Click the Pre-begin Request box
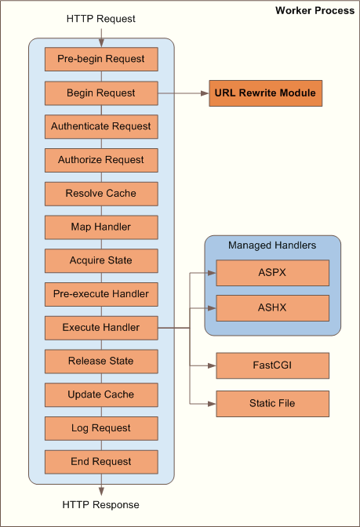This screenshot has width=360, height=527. pyautogui.click(x=101, y=60)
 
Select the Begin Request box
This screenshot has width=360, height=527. pyautogui.click(x=101, y=93)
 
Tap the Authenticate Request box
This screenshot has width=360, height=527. pyautogui.click(x=101, y=126)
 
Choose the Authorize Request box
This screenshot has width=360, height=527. pyautogui.click(x=101, y=160)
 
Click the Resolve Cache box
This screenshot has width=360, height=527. pyautogui.click(x=101, y=194)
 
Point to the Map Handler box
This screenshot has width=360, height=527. pyautogui.click(x=101, y=227)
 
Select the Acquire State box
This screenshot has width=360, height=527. pyautogui.click(x=101, y=260)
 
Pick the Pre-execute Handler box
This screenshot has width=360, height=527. pyautogui.click(x=101, y=294)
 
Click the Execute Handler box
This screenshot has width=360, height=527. pyautogui.click(x=101, y=328)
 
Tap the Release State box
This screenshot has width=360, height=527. pyautogui.click(x=101, y=362)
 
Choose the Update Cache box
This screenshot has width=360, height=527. pyautogui.click(x=101, y=394)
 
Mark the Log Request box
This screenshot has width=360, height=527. pyautogui.click(x=101, y=428)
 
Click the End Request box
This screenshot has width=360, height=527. pyautogui.click(x=101, y=462)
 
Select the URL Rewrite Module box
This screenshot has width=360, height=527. pyautogui.click(x=266, y=93)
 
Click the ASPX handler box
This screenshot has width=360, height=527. pyautogui.click(x=272, y=273)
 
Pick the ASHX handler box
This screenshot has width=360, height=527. pyautogui.click(x=272, y=308)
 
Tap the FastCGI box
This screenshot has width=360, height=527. pyautogui.click(x=272, y=365)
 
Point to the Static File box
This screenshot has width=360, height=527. pyautogui.click(x=272, y=403)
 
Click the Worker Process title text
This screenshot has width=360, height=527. pyautogui.click(x=315, y=11)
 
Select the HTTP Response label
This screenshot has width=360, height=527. pyautogui.click(x=101, y=505)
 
